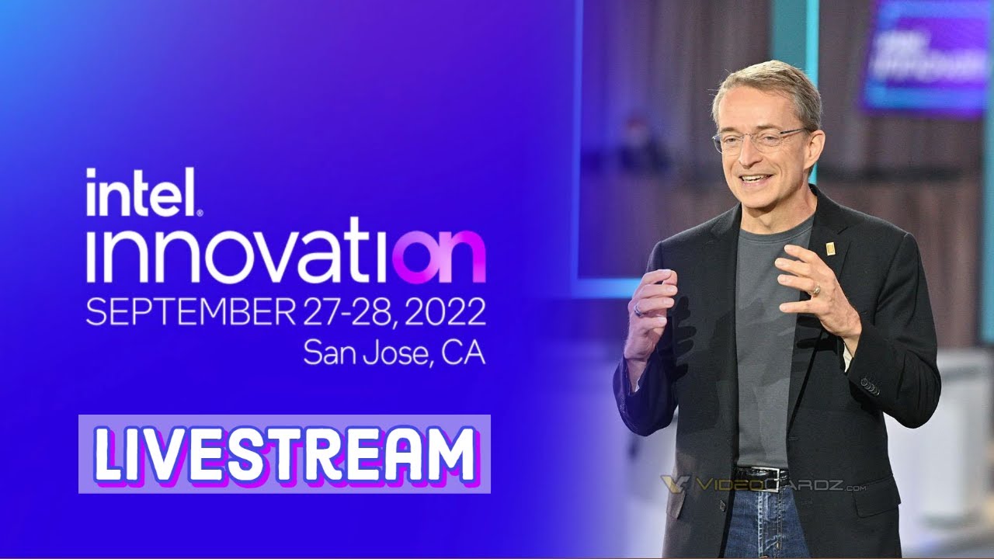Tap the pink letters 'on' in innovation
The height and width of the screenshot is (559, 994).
point(440,256)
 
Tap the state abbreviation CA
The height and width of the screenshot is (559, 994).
point(463,352)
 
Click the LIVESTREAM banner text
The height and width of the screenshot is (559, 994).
point(284,454)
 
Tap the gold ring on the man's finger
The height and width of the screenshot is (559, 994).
point(815,290)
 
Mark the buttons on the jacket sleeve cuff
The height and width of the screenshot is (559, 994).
point(870,386)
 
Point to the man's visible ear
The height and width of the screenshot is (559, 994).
point(812,142)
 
